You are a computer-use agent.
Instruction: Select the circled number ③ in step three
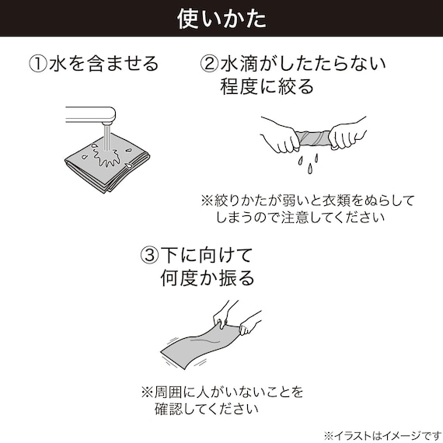tap(148, 255)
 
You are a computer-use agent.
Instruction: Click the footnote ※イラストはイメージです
tap(382, 434)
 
